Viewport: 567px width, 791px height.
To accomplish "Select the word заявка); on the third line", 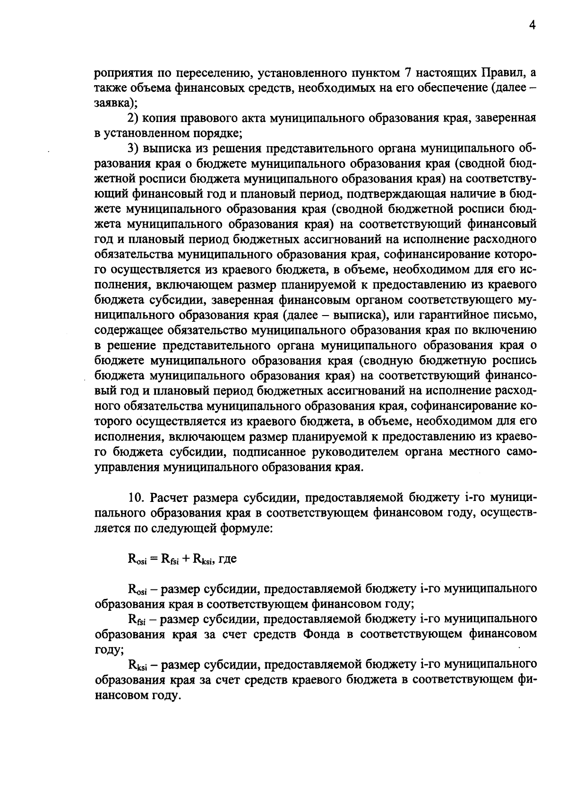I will click(116, 104).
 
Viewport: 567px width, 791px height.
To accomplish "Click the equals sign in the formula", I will click(154, 558).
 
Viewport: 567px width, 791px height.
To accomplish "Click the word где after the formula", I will click(227, 558).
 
